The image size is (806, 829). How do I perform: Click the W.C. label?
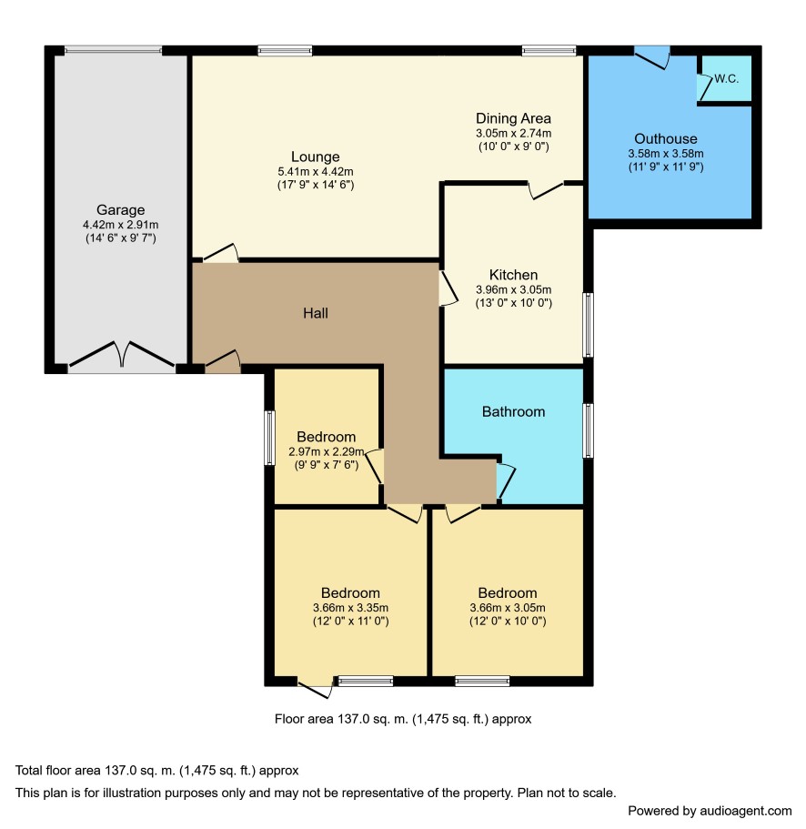point(726,79)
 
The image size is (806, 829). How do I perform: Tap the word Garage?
point(120,210)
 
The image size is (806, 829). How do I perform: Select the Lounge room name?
point(316,157)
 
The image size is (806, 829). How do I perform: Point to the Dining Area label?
point(513,118)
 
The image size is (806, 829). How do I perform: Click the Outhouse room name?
point(665,138)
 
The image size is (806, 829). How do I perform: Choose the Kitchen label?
point(513,275)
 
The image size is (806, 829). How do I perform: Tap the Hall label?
point(316,313)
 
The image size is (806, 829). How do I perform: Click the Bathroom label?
point(513,412)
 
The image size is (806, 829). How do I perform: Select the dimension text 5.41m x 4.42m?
point(316,172)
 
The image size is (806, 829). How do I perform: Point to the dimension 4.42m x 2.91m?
point(120,225)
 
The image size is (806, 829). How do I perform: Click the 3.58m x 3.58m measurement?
point(665,154)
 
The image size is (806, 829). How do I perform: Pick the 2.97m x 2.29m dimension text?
point(326,452)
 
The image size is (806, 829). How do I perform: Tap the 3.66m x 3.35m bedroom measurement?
point(350,608)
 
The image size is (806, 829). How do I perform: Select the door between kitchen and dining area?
point(547,190)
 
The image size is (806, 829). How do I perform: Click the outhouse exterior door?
point(651,58)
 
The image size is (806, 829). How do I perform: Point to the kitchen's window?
point(588,325)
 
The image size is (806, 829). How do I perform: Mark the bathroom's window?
point(588,430)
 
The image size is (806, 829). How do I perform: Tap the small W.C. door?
point(705,87)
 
